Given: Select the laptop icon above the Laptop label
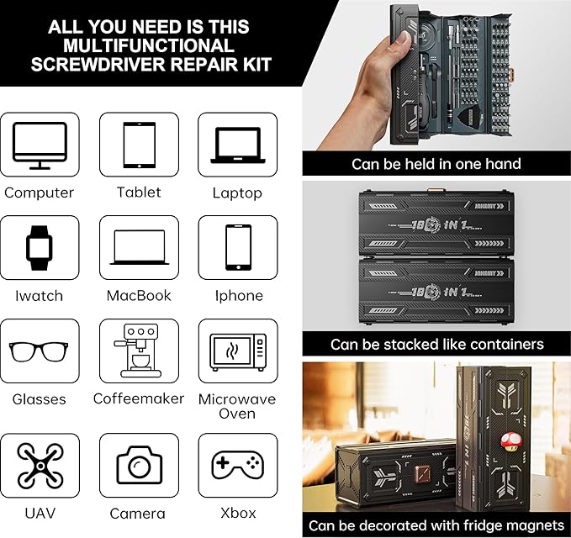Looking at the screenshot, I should [x=238, y=144].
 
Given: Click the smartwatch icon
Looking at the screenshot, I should [x=40, y=246].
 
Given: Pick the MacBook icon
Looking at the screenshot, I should [x=139, y=247].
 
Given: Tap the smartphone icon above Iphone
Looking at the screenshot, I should [x=238, y=247].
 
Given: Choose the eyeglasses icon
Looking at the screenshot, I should [x=40, y=351].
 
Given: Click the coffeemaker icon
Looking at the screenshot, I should [x=139, y=350].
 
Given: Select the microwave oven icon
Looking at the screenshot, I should [x=238, y=351].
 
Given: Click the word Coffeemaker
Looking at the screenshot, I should [x=139, y=398].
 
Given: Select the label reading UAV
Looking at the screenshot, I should [x=40, y=513].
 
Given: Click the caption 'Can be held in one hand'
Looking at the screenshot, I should [x=436, y=164].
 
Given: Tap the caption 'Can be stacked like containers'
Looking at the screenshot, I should [x=436, y=344].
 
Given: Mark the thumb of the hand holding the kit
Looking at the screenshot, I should [x=404, y=40].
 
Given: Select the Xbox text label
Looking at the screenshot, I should [x=238, y=513].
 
